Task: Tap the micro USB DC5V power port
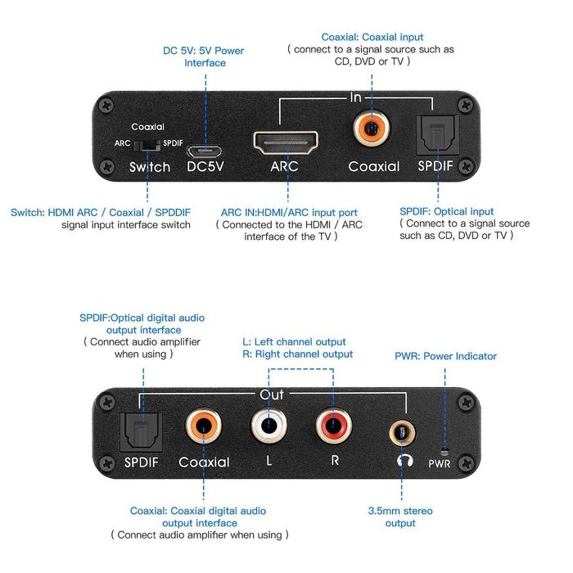pyautogui.click(x=202, y=151)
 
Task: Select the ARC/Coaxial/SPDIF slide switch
pyautogui.click(x=148, y=143)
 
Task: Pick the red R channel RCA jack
pyautogui.click(x=334, y=427)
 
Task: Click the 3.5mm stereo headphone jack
pyautogui.click(x=400, y=428)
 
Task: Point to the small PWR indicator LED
pyautogui.click(x=444, y=450)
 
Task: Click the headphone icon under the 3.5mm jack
pyautogui.click(x=402, y=460)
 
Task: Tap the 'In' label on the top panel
pyautogui.click(x=355, y=97)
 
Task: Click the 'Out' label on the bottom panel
pyautogui.click(x=271, y=395)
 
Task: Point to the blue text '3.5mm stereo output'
pyautogui.click(x=400, y=517)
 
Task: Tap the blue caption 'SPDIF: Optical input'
pyautogui.click(x=447, y=211)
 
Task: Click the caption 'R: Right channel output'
pyautogui.click(x=298, y=354)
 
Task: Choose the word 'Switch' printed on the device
pyautogui.click(x=150, y=167)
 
